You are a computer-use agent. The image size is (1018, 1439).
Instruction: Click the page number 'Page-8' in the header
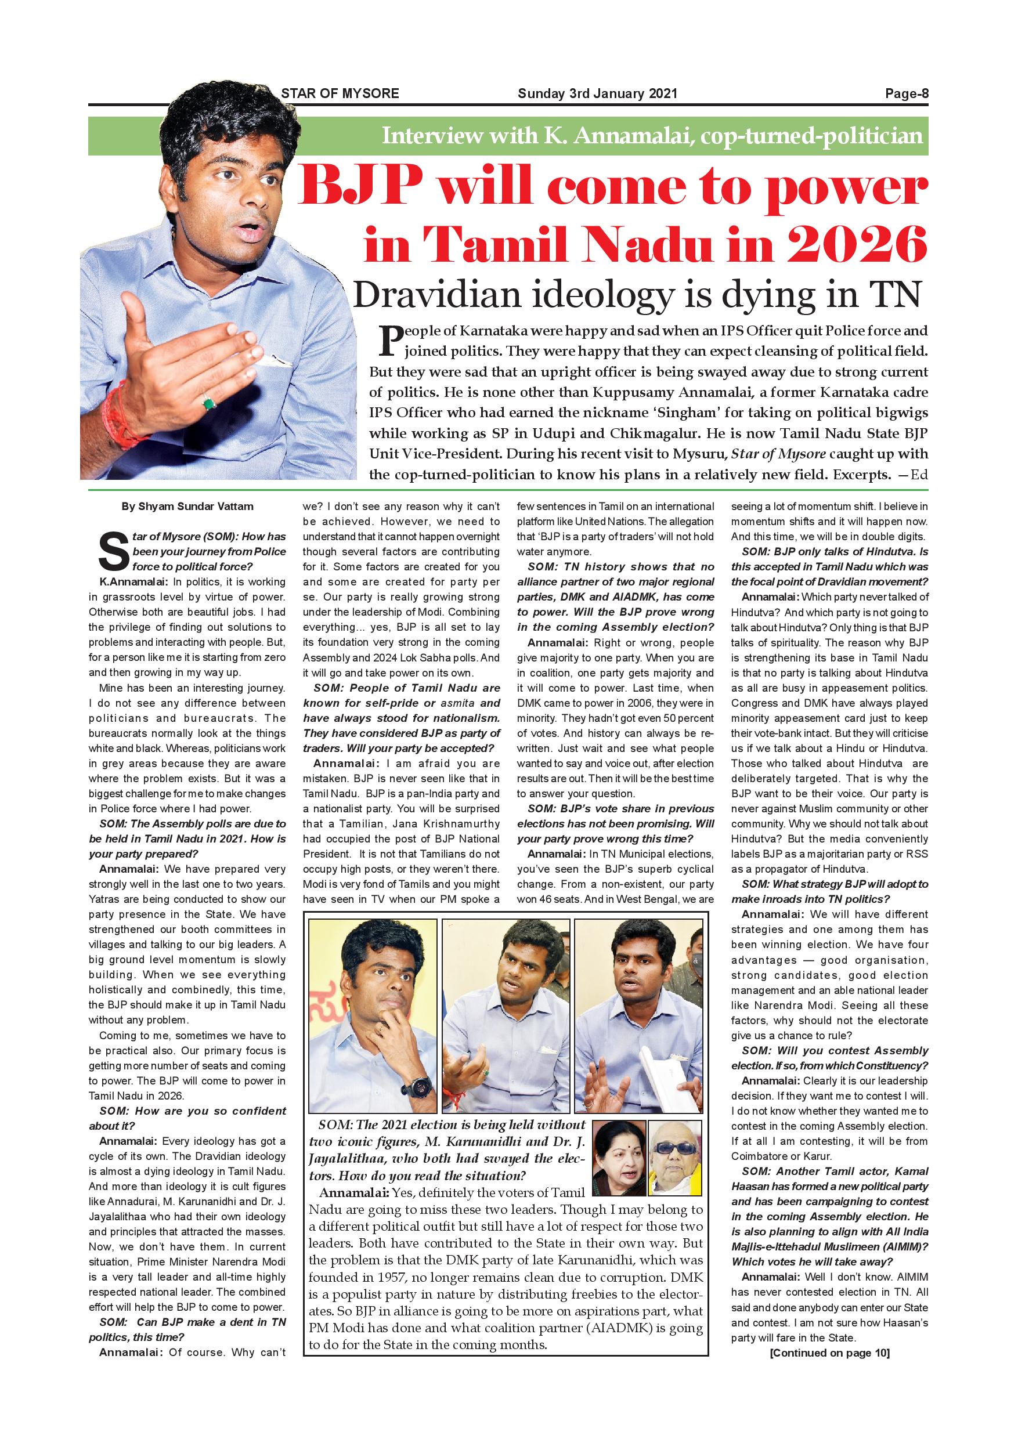(906, 94)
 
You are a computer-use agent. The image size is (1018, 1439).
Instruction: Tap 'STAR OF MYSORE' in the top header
(340, 94)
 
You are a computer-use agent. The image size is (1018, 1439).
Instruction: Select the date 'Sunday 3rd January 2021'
(597, 94)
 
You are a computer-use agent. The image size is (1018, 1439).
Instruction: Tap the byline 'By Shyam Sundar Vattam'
(187, 507)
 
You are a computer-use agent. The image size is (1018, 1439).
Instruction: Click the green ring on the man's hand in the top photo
(209, 401)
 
